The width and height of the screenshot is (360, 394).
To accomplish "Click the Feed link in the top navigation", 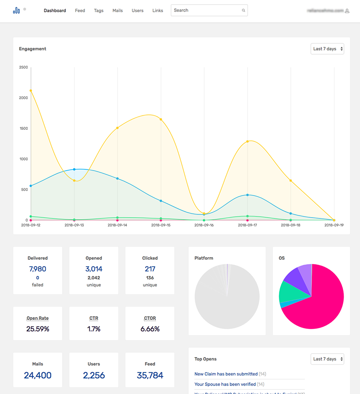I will click(x=80, y=11).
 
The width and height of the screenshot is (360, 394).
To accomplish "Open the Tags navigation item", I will click(x=99, y=11).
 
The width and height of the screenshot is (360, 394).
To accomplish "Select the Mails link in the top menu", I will click(x=117, y=11).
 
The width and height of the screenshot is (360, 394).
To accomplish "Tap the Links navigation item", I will click(x=158, y=11).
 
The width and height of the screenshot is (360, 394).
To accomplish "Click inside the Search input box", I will click(x=206, y=11).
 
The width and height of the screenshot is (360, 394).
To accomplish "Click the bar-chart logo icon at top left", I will click(x=16, y=11).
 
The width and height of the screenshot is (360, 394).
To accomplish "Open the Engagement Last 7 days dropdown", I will click(x=327, y=49).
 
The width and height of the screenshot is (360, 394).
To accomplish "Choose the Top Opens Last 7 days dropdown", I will click(x=327, y=359).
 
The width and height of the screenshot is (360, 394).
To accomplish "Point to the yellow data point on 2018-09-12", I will click(x=31, y=90).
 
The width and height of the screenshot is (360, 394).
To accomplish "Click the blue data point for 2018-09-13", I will click(x=74, y=169).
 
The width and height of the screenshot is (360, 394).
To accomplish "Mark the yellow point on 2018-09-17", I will click(x=248, y=141).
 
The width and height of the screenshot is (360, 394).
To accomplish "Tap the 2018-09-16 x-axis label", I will click(x=204, y=225).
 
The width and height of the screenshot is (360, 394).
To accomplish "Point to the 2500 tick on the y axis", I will click(x=23, y=67).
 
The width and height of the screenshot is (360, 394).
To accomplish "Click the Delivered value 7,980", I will click(x=38, y=269).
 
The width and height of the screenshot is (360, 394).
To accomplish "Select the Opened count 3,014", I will click(x=94, y=269).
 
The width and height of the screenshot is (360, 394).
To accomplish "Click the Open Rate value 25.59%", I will click(x=38, y=329).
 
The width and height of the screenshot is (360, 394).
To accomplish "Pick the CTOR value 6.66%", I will click(x=150, y=329).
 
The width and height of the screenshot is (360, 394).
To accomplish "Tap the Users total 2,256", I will click(x=94, y=375).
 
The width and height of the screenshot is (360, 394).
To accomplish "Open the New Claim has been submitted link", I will click(x=226, y=374).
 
